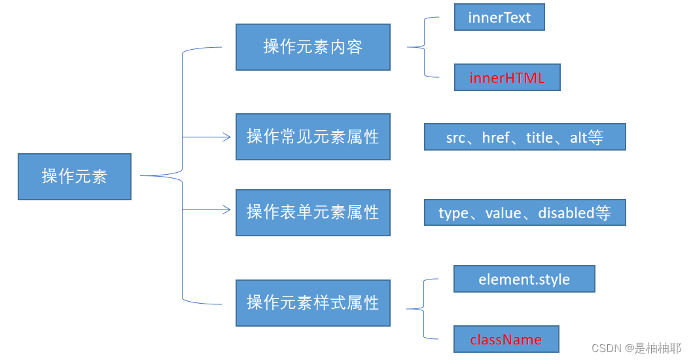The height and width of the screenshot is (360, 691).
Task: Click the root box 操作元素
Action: click(x=74, y=176)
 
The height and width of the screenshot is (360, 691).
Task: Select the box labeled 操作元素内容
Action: click(x=313, y=47)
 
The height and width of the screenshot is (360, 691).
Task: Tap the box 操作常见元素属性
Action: click(x=313, y=137)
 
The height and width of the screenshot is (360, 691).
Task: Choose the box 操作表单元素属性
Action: click(x=313, y=213)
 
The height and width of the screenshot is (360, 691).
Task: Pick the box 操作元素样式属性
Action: click(x=313, y=302)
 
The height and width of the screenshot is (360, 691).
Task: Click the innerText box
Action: click(x=499, y=18)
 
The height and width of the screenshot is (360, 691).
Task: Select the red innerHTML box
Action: click(x=507, y=78)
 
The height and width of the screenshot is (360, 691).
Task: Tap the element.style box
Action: click(x=524, y=279)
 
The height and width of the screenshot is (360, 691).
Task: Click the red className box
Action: click(x=506, y=340)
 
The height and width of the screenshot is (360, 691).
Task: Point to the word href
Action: click(x=495, y=138)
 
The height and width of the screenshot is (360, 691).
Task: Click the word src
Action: click(x=455, y=138)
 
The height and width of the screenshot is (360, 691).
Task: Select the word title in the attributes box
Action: click(x=540, y=138)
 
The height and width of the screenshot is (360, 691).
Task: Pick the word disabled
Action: click(x=566, y=213)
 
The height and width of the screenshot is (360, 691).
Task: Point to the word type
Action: click(x=453, y=213)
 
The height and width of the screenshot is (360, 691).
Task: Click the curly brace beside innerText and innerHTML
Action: click(x=424, y=47)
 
